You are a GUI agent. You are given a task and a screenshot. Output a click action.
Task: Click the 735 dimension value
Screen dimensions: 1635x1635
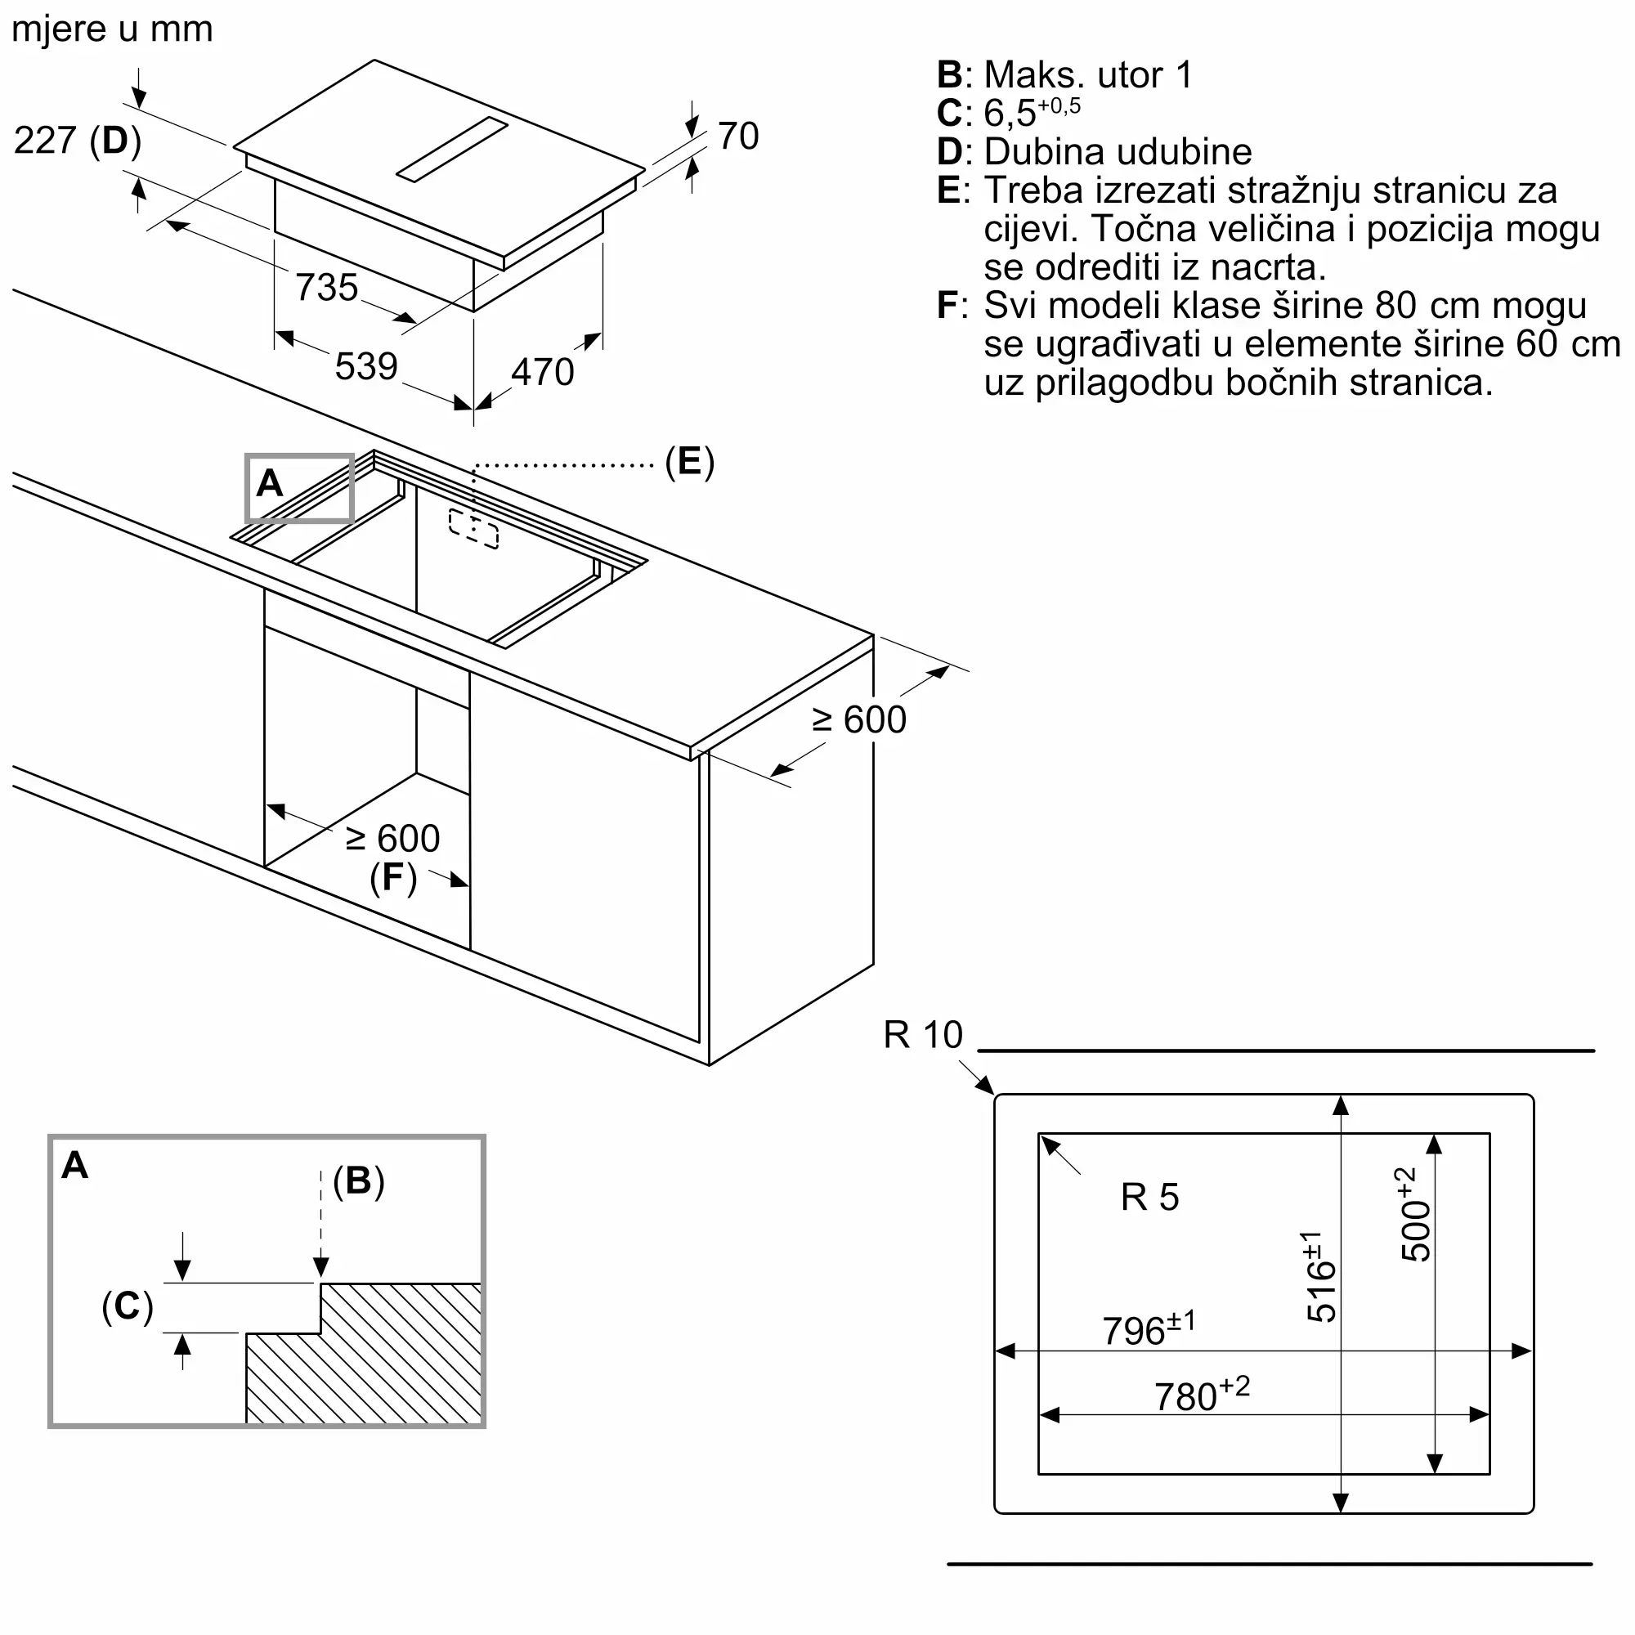327,288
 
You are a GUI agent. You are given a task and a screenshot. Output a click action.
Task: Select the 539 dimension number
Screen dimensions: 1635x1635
366,366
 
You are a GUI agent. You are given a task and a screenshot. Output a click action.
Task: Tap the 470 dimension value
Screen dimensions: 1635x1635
543,372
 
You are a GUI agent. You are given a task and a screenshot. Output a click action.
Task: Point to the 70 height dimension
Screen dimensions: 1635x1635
739,137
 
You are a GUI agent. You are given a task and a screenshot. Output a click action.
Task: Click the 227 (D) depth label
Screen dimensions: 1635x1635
78,141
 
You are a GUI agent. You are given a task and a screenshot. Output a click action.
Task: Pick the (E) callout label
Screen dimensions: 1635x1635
690,462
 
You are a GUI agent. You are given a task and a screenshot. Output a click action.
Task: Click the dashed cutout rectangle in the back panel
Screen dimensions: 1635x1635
473,529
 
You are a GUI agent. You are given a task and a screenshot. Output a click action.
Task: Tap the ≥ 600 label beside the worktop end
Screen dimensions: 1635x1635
859,720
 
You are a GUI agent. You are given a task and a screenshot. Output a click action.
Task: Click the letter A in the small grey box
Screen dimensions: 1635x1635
269,483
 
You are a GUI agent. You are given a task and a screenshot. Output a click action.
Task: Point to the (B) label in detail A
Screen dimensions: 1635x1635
359,1180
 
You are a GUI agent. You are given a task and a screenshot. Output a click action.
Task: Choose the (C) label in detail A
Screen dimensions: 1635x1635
128,1306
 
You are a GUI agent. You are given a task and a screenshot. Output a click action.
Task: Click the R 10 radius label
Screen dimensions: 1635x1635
923,1035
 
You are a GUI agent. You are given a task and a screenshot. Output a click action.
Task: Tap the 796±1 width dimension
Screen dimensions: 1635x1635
1149,1329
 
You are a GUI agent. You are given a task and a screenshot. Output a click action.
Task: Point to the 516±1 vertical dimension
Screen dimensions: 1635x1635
1319,1276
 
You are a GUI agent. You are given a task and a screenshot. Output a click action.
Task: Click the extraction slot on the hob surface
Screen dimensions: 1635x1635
452,150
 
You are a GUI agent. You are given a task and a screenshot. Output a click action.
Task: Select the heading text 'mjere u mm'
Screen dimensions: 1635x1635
113,29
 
